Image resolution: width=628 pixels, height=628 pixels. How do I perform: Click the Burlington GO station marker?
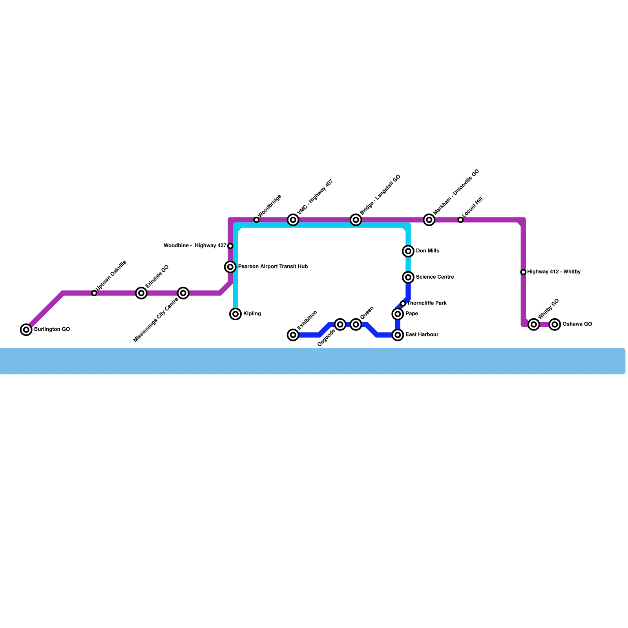[26, 330]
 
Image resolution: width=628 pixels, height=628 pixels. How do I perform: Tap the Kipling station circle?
[235, 314]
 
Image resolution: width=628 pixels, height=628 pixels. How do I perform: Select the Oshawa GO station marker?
[555, 325]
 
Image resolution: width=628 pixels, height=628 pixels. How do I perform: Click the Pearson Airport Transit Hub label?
[273, 267]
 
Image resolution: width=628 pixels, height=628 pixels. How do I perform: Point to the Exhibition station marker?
[293, 335]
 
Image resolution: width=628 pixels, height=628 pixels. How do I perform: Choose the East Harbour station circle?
[398, 335]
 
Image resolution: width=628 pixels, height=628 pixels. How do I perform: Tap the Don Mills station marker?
[408, 251]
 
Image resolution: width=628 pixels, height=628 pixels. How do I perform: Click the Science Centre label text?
[435, 277]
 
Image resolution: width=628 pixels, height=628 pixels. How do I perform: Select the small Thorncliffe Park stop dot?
[403, 303]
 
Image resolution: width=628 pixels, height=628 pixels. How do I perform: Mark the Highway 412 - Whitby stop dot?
[523, 272]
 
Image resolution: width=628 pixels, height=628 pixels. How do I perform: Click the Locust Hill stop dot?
[460, 220]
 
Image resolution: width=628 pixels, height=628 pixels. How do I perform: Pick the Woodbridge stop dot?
[256, 220]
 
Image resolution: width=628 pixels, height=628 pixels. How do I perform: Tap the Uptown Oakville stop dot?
[94, 293]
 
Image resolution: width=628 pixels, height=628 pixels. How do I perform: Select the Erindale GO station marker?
[141, 293]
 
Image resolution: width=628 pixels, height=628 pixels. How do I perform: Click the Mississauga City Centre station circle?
[183, 293]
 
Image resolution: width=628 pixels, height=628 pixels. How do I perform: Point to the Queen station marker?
[356, 325]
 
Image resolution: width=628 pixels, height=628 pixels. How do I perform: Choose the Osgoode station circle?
[340, 325]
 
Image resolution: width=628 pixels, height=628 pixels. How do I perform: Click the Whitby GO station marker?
[534, 325]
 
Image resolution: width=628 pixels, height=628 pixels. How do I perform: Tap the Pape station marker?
[398, 314]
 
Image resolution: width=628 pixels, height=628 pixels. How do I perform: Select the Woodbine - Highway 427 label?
[195, 246]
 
